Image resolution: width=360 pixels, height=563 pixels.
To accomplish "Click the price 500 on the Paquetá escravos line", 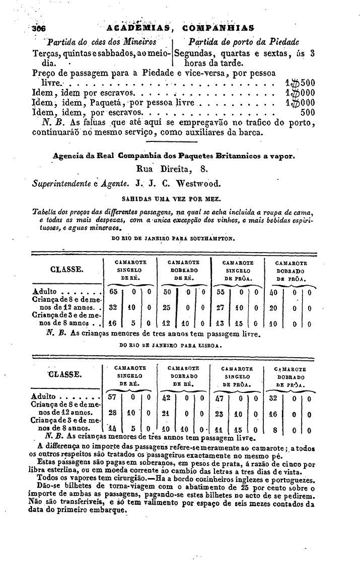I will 307,113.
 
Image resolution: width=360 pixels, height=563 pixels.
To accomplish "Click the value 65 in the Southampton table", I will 113,291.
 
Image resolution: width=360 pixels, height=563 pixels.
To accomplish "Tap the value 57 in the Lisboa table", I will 113,396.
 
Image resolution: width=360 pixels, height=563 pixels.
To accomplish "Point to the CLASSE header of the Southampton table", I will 67,270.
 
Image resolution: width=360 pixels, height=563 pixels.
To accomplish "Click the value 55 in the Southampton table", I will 220,291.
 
